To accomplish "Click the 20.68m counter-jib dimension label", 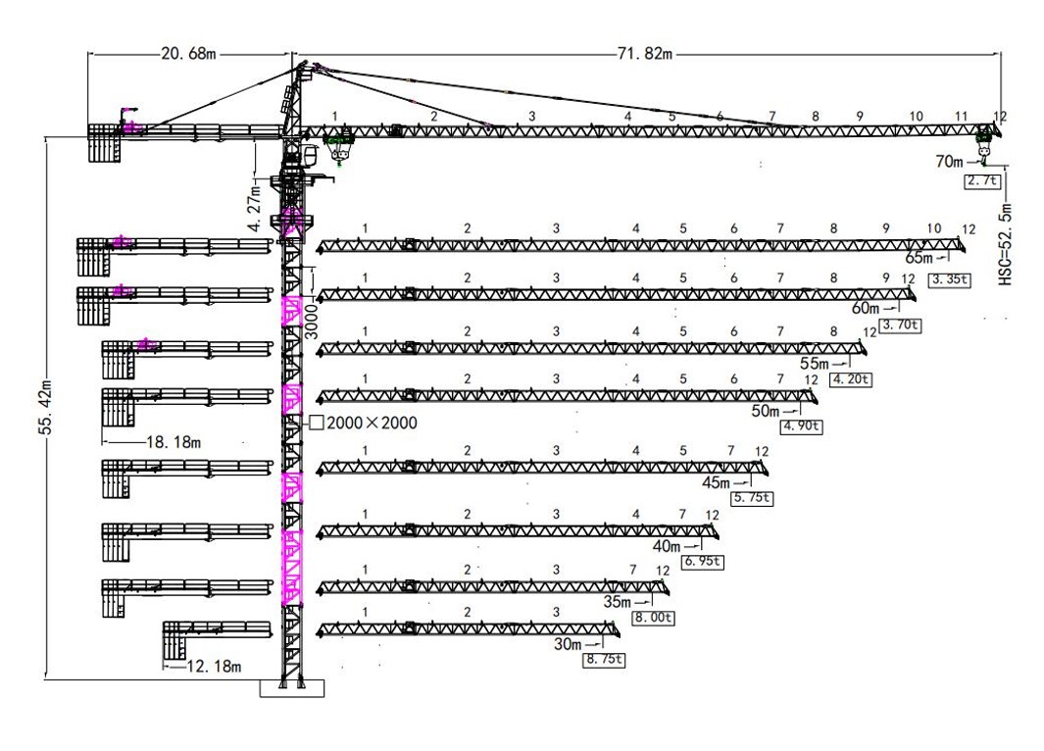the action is tap(188, 53).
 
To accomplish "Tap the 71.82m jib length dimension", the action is tap(644, 53).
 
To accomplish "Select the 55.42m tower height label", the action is tap(47, 407).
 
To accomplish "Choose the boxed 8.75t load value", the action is tap(604, 660).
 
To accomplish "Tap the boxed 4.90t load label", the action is tap(801, 426).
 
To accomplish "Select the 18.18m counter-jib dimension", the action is tap(174, 442).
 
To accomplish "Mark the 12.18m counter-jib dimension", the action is tap(214, 666).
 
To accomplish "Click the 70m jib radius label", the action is tap(949, 161).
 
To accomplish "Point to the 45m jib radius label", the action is tap(716, 482).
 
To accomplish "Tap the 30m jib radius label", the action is tap(568, 644).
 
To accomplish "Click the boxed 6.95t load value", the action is tap(703, 561).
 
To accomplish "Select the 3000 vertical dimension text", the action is tap(312, 323).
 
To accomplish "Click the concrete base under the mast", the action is tap(291, 688).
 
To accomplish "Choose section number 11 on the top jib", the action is tap(961, 117).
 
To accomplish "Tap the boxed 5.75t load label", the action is tap(753, 497).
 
